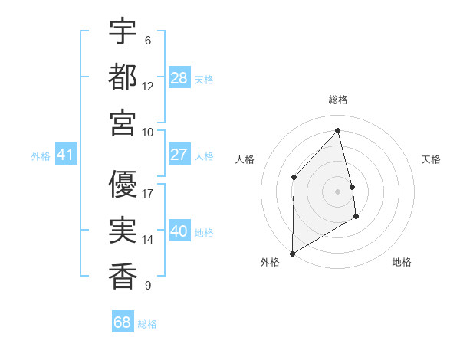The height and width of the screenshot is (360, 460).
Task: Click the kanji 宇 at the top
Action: coord(123,31)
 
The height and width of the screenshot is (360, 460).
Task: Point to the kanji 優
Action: coord(123,183)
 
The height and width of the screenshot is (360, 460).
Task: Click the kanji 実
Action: coord(123,230)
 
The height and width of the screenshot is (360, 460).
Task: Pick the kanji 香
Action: coord(123,275)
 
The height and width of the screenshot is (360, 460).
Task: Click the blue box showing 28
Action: coord(179,77)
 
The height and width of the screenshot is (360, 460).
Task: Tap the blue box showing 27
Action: coord(179,155)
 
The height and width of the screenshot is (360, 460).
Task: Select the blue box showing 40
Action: coord(179,231)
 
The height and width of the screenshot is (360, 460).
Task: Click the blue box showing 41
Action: coord(65,155)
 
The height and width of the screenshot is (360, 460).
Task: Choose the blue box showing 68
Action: coord(123,322)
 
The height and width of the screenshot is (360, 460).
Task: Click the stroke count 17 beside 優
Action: coord(148,193)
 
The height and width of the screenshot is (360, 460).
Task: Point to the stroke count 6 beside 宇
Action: coord(147,40)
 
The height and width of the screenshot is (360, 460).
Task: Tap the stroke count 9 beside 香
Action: coord(147,286)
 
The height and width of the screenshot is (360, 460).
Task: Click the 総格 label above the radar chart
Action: coord(338,100)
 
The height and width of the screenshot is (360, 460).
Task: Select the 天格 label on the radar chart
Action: coord(432,159)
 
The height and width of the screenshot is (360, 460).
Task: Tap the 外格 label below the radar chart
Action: coord(270,262)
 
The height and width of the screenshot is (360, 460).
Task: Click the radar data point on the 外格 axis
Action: coord(292,253)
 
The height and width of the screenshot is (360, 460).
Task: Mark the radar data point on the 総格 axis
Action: coord(338,130)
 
